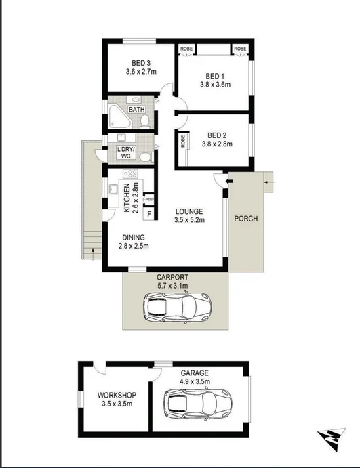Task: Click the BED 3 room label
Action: pyautogui.click(x=141, y=62)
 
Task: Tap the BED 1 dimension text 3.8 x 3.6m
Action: pyautogui.click(x=216, y=85)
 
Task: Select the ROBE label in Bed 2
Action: pyautogui.click(x=183, y=142)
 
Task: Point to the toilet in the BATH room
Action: pyautogui.click(x=145, y=121)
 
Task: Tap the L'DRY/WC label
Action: pyautogui.click(x=125, y=152)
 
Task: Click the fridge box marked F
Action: pyautogui.click(x=149, y=215)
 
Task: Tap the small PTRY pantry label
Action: pyautogui.click(x=149, y=200)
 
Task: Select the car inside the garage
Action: pyautogui.click(x=199, y=405)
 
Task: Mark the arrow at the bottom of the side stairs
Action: pyautogui.click(x=86, y=253)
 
